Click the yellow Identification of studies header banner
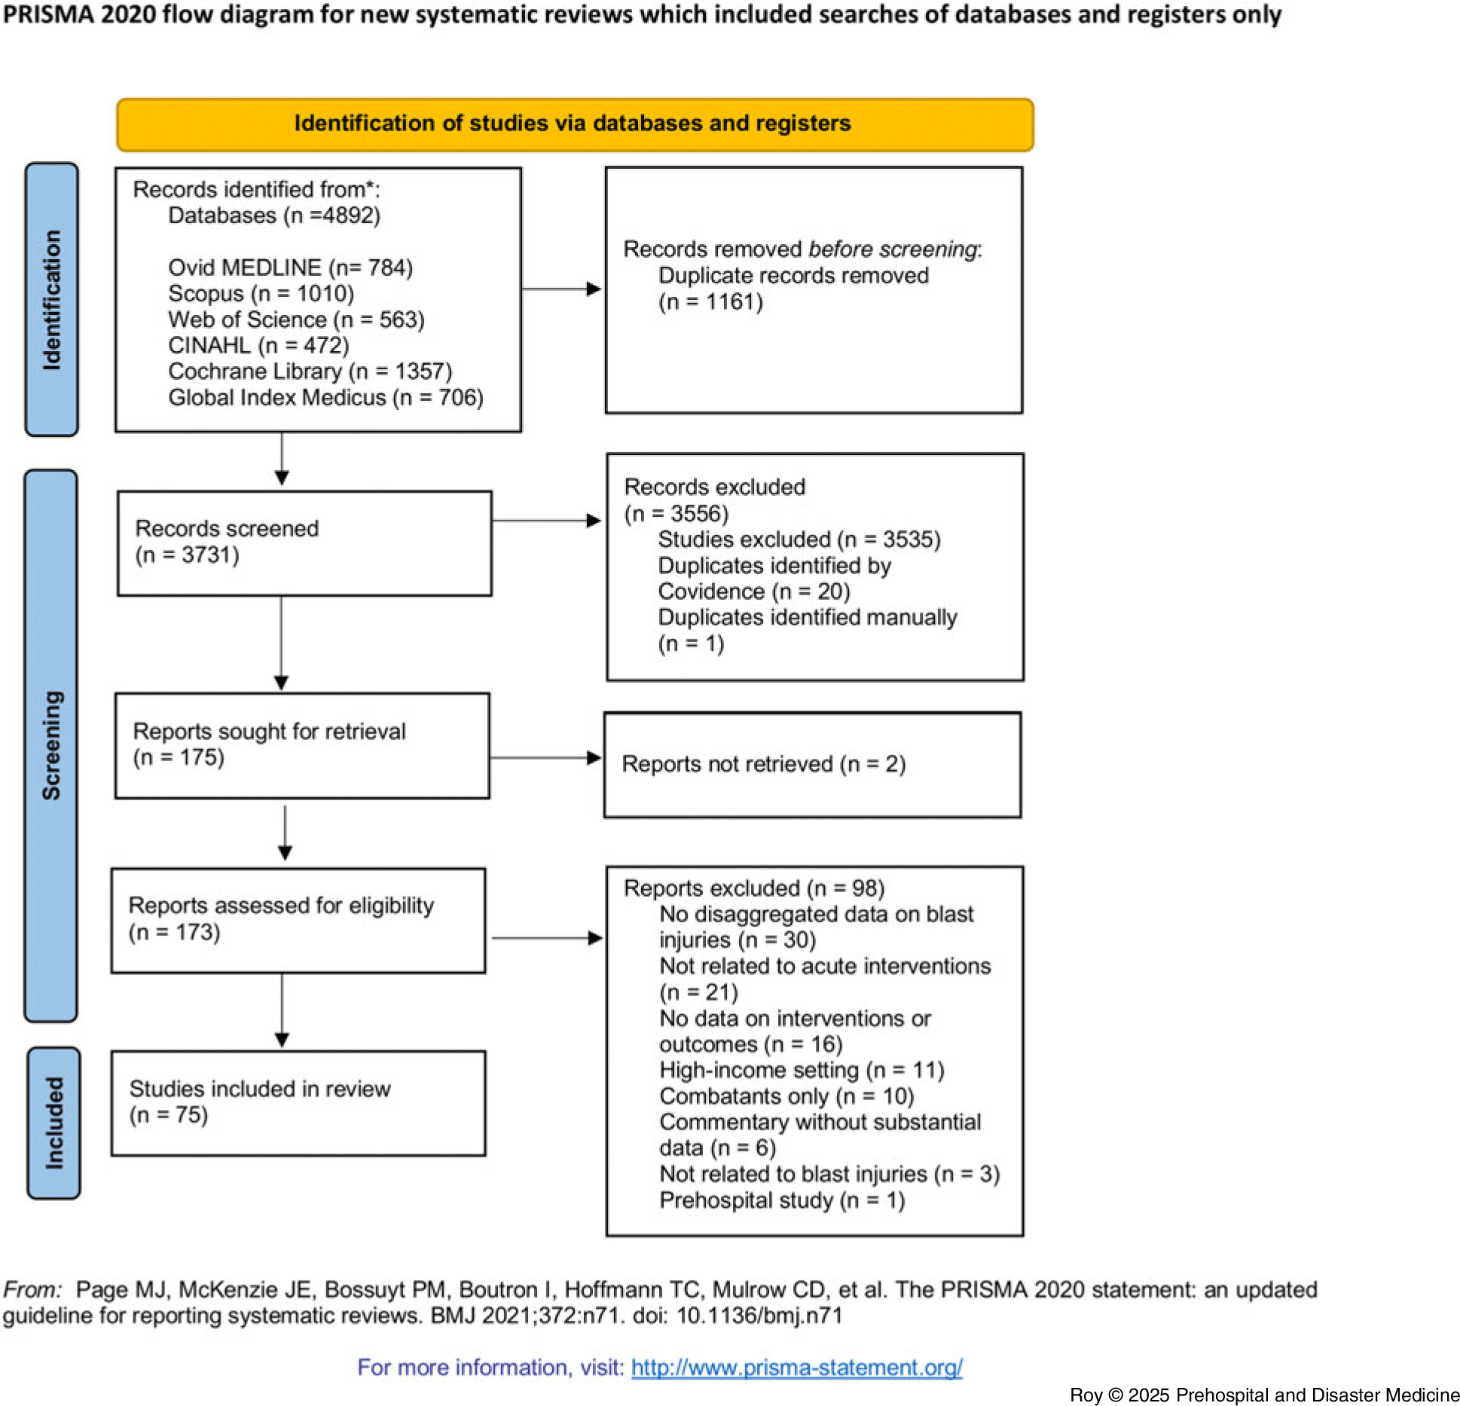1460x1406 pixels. (575, 124)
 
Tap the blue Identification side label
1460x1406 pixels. (51, 299)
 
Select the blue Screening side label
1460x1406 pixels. (50, 745)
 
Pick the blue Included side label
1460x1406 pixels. (53, 1122)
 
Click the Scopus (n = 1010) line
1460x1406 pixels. (261, 293)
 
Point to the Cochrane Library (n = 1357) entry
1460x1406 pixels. (310, 371)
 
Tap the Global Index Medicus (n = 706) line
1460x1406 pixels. (325, 397)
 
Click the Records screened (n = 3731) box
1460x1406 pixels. (304, 543)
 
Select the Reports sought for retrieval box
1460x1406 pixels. (302, 745)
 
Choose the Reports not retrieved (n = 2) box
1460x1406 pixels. (813, 765)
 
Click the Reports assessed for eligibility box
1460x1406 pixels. (298, 921)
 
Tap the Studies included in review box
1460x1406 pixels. (298, 1103)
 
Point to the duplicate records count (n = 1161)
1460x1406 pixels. (710, 302)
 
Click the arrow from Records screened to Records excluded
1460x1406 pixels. (546, 521)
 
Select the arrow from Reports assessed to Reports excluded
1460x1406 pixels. (547, 938)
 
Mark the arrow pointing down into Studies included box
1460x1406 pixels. (283, 1010)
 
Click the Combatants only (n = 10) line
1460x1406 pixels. (787, 1096)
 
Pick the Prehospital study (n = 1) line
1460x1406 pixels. (782, 1200)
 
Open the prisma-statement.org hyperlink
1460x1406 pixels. (797, 1368)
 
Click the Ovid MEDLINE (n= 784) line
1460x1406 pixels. (290, 267)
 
